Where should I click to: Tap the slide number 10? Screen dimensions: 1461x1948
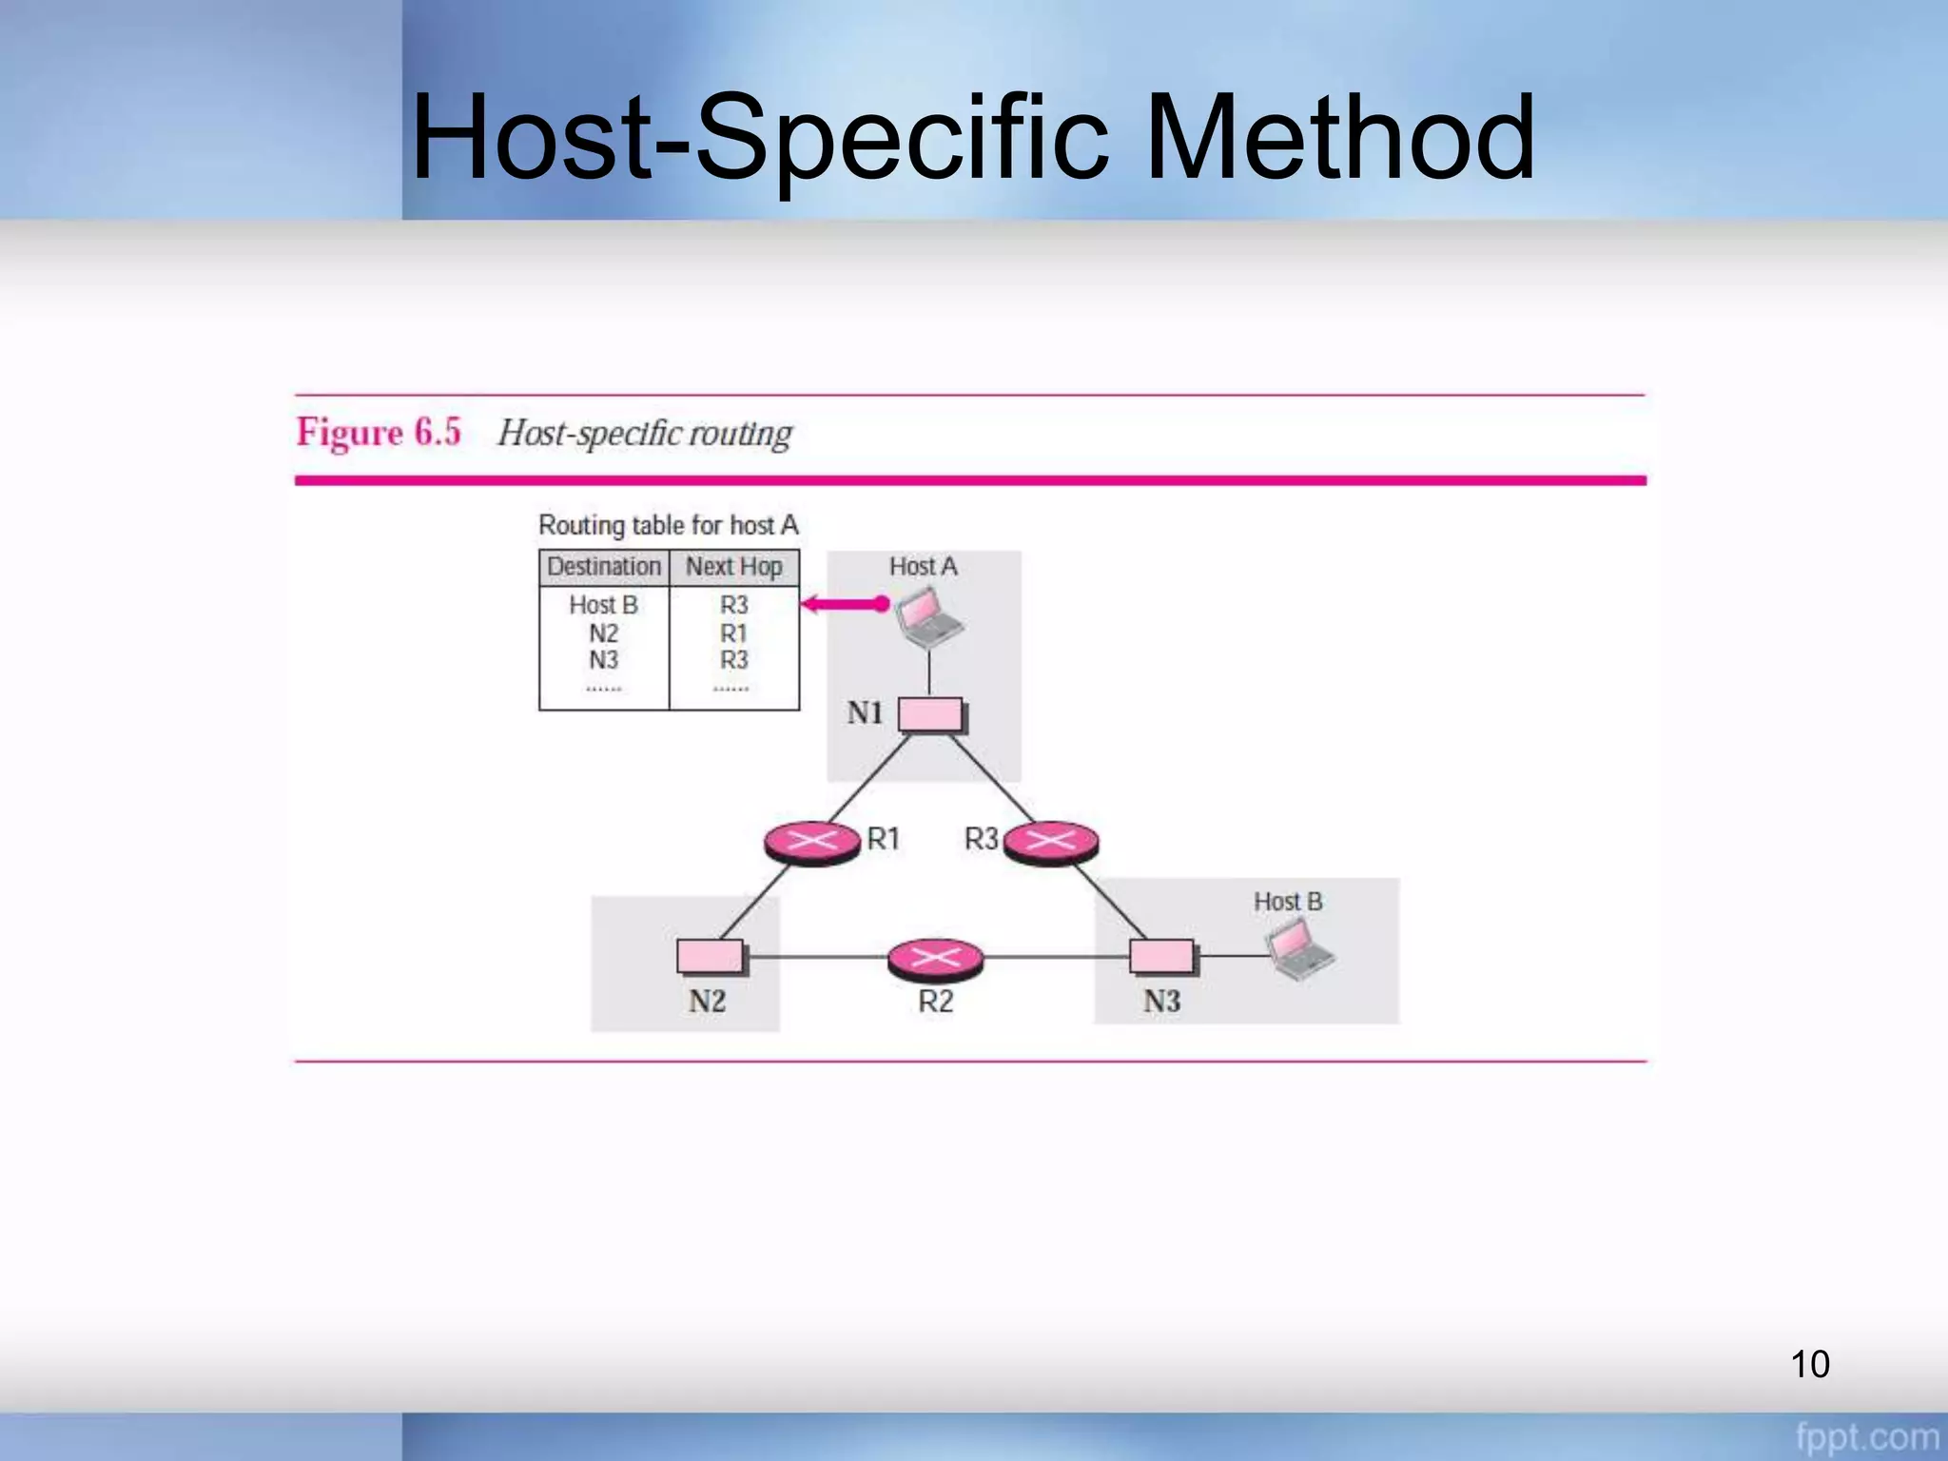click(x=1809, y=1364)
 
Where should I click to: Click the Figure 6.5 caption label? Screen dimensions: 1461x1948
click(x=379, y=433)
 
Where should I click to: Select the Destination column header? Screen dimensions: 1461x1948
click(x=604, y=567)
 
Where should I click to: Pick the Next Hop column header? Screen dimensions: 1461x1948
click(x=734, y=567)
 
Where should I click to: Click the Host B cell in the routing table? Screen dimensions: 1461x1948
click(x=604, y=605)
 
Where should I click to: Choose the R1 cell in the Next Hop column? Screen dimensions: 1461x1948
click(x=734, y=633)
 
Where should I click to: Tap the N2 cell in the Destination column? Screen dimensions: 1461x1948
click(x=604, y=633)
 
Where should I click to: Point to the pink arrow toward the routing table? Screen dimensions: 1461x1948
click(x=845, y=604)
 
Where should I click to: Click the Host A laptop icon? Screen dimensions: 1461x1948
click(x=928, y=618)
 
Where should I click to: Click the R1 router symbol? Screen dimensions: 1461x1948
click(x=812, y=842)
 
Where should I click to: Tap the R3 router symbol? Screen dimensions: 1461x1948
click(x=1051, y=842)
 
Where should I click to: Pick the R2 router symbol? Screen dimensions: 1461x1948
click(x=935, y=959)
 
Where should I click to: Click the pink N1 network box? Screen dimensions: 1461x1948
click(x=930, y=715)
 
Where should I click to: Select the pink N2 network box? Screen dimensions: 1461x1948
click(x=711, y=956)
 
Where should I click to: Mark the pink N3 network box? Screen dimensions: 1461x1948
click(x=1162, y=956)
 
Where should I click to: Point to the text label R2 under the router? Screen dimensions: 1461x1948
click(x=935, y=1002)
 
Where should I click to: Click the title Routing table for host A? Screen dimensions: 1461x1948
click(x=669, y=525)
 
